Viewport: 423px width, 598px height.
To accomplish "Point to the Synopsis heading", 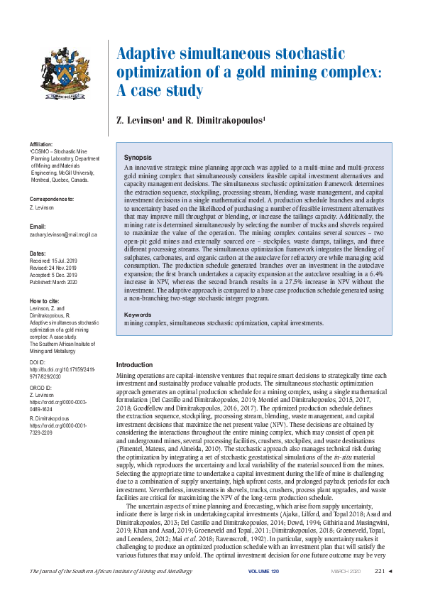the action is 138,156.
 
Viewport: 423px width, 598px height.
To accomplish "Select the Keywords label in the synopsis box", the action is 138,315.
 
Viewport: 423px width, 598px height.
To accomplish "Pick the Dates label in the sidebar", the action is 36,253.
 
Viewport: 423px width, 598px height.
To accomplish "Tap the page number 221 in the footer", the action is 378,572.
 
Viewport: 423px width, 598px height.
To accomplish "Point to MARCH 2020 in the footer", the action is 346,572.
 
